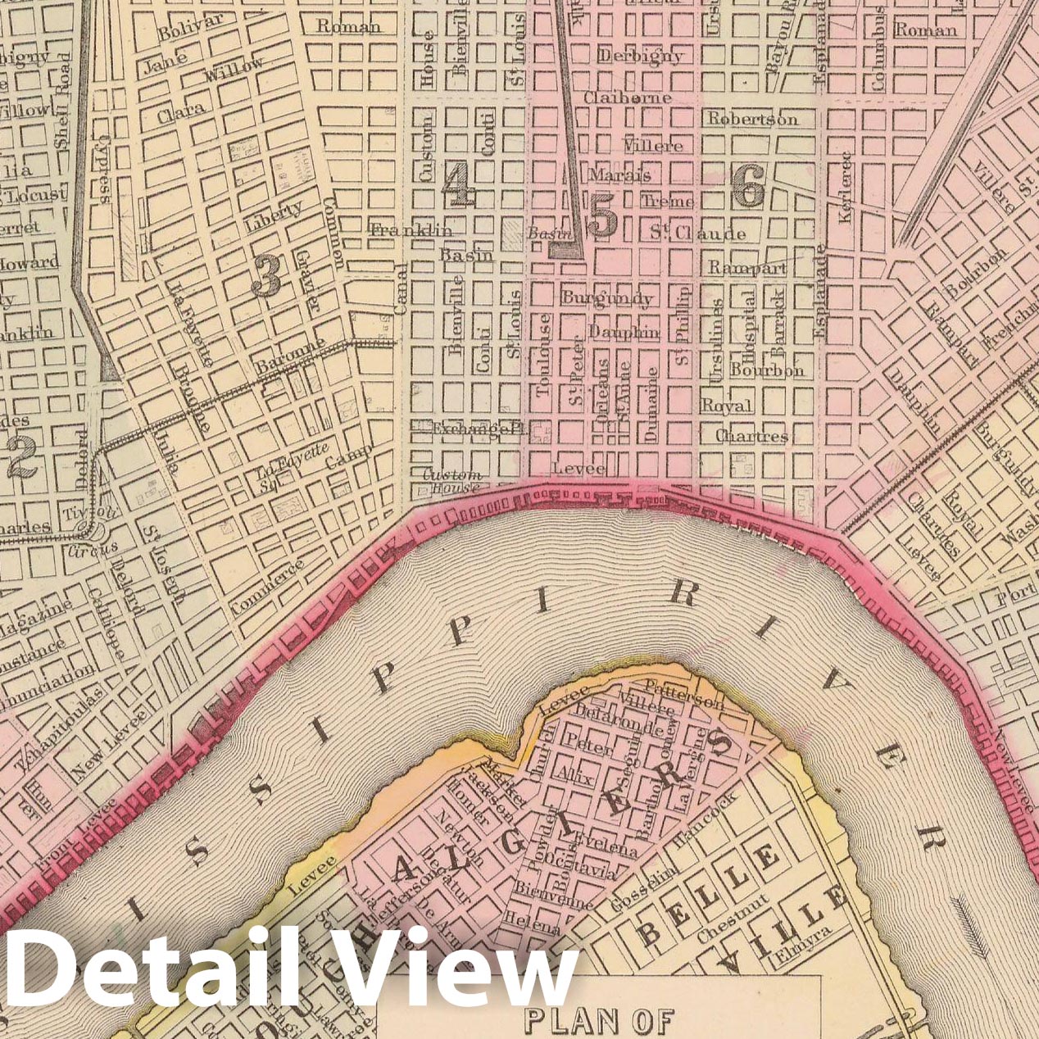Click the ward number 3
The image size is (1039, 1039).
pyautogui.click(x=266, y=275)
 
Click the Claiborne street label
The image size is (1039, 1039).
pyautogui.click(x=628, y=98)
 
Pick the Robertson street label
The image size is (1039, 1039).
pyautogui.click(x=752, y=119)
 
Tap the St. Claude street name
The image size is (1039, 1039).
pyautogui.click(x=698, y=234)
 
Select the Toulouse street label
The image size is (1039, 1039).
pyautogui.click(x=543, y=354)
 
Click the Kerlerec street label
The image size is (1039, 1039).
pyautogui.click(x=846, y=187)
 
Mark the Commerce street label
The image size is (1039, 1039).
pyautogui.click(x=268, y=587)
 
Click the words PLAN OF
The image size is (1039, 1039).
pyautogui.click(x=597, y=1020)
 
